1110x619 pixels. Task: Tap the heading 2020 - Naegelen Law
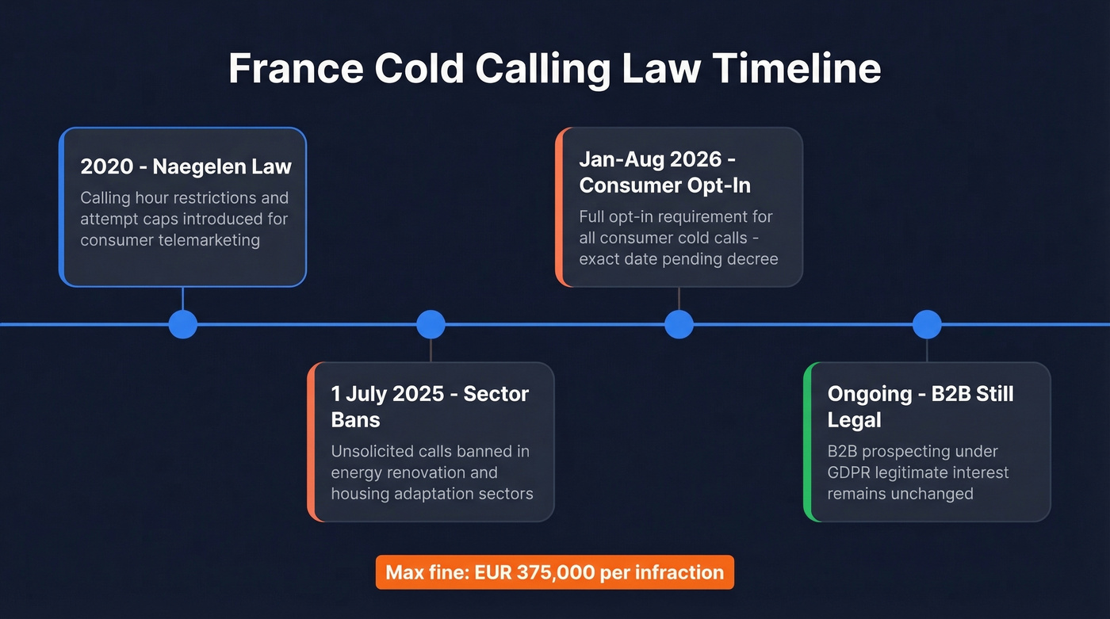tap(186, 166)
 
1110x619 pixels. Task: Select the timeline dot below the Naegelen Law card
tap(183, 324)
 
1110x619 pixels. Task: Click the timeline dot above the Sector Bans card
tap(431, 324)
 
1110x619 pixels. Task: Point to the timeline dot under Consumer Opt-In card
tap(679, 324)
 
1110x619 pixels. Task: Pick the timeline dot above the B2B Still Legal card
tap(927, 324)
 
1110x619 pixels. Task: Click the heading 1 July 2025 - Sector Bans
tap(430, 406)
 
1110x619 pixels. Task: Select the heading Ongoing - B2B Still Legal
tap(921, 406)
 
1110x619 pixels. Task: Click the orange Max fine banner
tap(554, 572)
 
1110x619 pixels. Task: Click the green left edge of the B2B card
tap(807, 441)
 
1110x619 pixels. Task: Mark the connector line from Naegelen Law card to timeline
tap(183, 299)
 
